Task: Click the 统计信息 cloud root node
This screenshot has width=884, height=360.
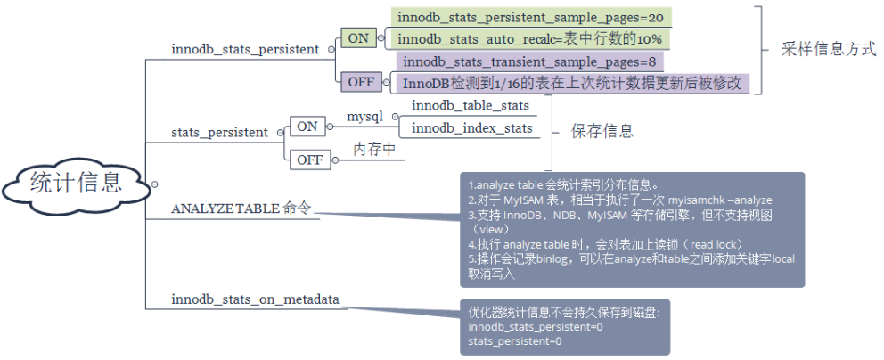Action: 75,184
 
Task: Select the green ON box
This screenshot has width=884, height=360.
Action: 358,38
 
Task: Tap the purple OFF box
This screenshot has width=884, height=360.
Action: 361,82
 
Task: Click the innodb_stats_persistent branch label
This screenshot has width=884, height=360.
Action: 245,50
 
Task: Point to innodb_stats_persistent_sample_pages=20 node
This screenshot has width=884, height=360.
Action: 530,17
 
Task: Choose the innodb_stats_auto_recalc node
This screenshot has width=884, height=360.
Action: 530,39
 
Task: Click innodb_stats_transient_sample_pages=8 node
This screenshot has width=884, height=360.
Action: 530,61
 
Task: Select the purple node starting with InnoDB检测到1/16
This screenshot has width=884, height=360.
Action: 573,83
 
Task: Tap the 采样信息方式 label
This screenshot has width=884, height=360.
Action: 829,50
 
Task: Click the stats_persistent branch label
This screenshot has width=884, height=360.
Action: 220,133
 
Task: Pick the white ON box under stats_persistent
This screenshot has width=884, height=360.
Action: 307,127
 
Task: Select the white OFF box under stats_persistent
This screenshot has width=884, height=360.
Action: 309,160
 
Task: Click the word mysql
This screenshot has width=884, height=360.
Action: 364,118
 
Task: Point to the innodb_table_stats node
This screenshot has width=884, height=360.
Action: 471,105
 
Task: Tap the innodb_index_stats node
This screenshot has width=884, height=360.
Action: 472,128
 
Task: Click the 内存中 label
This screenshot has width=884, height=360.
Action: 374,150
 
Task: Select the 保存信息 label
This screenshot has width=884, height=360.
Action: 602,131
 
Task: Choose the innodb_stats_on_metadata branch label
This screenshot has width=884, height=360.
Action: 256,299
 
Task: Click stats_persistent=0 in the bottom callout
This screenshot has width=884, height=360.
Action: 515,341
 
